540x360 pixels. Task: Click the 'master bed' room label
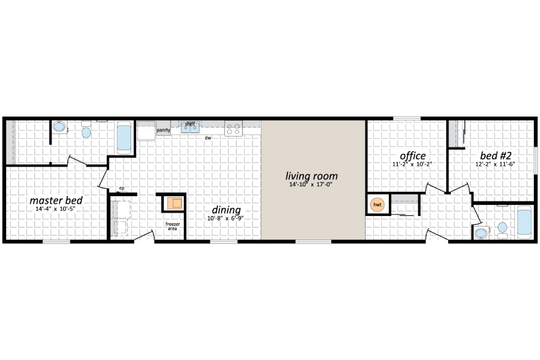(x=56, y=200)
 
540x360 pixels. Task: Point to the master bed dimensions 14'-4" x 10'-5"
(x=56, y=209)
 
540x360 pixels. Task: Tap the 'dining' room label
(x=226, y=210)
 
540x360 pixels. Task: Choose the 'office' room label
(x=412, y=156)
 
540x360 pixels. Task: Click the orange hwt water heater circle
(x=377, y=205)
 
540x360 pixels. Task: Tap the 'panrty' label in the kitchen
(x=163, y=130)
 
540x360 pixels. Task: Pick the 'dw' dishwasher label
(x=208, y=138)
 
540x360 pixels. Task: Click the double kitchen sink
(x=191, y=129)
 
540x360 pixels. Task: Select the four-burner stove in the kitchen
(x=234, y=129)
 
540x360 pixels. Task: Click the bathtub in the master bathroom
(x=124, y=137)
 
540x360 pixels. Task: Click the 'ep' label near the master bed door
(x=121, y=188)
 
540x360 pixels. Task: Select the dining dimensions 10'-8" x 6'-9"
(x=226, y=219)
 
